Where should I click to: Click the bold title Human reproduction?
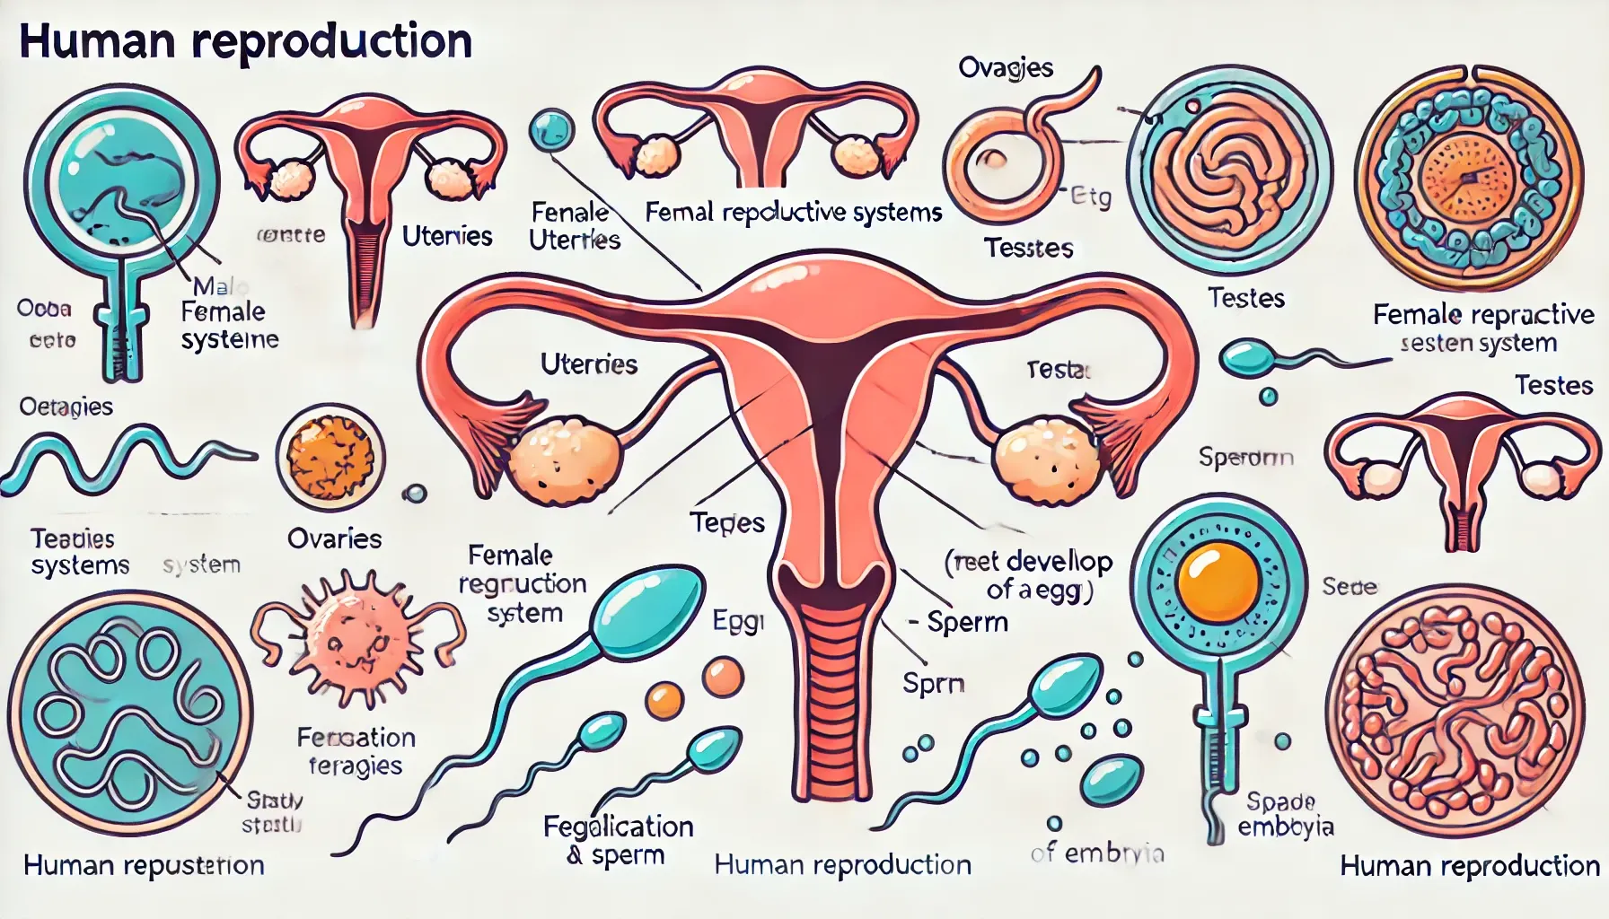point(245,42)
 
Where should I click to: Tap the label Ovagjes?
point(1006,68)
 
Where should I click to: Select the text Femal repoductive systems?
point(794,213)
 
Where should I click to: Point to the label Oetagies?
point(66,407)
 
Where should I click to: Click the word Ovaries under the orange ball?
point(334,538)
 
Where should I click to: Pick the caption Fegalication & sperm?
point(619,840)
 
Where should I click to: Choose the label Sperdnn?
point(1245,458)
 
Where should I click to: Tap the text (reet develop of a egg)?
point(1029,575)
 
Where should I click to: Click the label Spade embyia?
point(1285,814)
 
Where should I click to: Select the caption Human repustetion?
point(144,865)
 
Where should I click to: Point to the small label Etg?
point(1092,197)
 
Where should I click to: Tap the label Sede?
point(1349,587)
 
